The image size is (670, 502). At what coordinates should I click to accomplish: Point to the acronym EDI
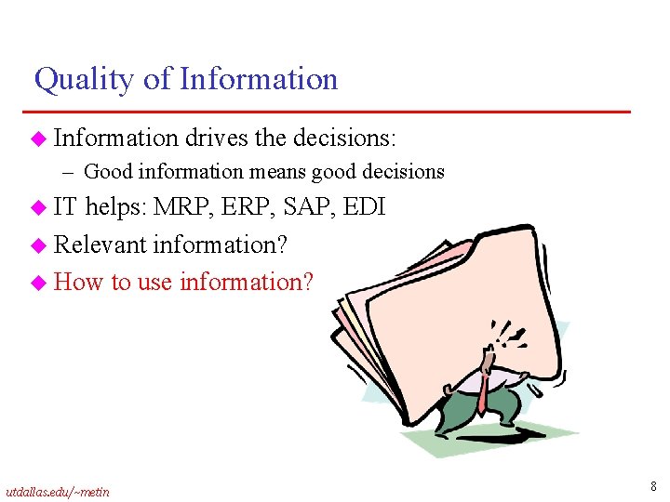coord(366,207)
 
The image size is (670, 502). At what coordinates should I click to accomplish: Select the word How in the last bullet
coord(79,282)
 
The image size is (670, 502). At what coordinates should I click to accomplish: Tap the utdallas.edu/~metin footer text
coord(57,491)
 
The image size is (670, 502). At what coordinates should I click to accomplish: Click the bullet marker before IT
coord(38,208)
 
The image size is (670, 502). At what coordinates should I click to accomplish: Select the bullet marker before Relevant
coord(38,245)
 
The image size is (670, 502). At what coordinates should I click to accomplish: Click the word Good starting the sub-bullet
coord(108,172)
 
